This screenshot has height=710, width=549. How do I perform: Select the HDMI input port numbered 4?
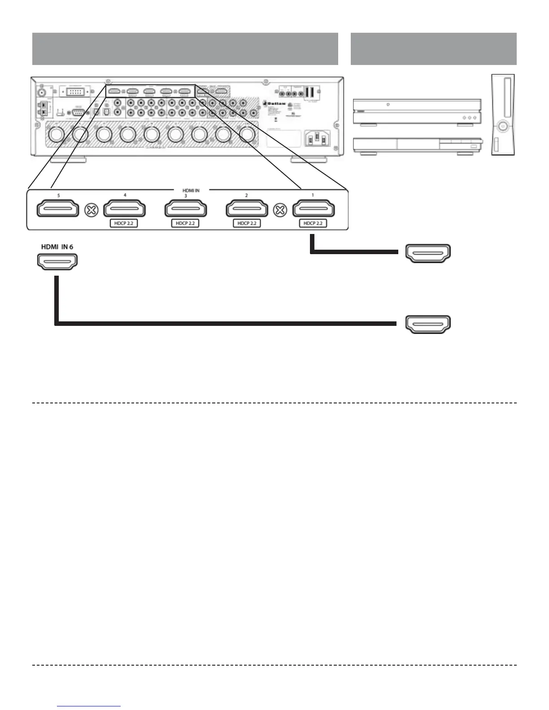point(125,209)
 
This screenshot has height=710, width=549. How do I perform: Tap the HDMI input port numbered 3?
point(186,209)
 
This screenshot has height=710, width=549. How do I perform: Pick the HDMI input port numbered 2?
point(247,209)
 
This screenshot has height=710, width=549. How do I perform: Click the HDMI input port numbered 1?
point(313,209)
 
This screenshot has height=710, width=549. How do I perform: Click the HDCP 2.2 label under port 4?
point(124,223)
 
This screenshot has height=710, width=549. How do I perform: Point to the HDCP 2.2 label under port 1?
point(313,223)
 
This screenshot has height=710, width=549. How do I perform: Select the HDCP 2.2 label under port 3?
point(185,223)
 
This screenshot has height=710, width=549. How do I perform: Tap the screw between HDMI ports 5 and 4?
point(91,210)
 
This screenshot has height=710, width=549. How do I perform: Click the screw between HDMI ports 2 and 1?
point(280,210)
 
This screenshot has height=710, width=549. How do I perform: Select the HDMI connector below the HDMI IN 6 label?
point(57,261)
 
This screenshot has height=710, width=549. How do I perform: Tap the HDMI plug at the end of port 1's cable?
point(428,253)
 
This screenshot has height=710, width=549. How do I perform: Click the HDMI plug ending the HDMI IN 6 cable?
point(428,324)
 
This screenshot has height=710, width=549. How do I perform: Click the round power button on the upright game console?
point(503,126)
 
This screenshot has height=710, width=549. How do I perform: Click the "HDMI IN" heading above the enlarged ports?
point(191,190)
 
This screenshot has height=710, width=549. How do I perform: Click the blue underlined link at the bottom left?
point(89,706)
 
